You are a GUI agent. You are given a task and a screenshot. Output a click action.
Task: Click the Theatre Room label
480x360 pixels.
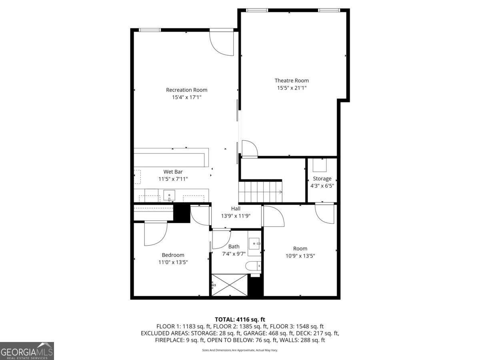pos(291,80)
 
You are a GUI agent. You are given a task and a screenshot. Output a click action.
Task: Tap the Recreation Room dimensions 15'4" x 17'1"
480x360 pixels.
pos(186,97)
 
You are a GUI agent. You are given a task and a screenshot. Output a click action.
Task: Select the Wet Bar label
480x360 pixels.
pos(173,172)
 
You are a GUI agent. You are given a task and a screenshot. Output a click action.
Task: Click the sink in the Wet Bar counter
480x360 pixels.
pos(169,196)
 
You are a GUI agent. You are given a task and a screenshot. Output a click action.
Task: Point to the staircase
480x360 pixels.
pos(260,192)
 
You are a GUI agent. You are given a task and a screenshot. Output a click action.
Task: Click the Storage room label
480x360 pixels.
pos(322,179)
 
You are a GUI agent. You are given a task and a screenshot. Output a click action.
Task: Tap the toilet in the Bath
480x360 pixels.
pos(254,266)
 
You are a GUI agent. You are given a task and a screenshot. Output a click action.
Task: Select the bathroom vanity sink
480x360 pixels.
pos(254,243)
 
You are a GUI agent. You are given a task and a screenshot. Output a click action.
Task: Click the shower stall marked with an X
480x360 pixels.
pos(229,285)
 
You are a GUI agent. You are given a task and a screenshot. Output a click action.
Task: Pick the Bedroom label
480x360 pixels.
pos(173,255)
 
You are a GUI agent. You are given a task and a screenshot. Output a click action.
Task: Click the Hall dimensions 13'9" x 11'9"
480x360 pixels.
pos(236,216)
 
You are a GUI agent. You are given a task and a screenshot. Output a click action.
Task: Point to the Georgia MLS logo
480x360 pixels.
pos(27,351)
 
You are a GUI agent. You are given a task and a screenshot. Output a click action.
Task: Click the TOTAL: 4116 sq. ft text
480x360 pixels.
pos(240,319)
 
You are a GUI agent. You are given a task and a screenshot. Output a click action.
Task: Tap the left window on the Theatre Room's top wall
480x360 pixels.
pos(256,10)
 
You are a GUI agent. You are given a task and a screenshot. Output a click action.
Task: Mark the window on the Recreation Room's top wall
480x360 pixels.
pos(150,30)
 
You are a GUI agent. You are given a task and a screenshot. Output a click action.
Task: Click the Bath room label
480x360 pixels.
pos(234,246)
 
